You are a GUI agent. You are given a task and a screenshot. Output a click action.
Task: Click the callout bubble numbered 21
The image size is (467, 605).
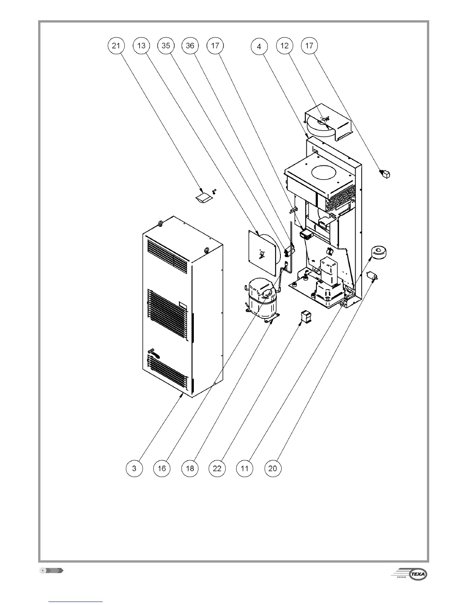tap(116, 46)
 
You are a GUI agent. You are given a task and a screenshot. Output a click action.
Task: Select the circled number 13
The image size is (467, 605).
tap(141, 46)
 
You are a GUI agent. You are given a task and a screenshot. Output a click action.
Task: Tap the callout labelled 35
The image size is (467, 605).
tap(166, 46)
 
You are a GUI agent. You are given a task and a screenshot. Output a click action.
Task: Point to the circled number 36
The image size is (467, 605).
tap(190, 46)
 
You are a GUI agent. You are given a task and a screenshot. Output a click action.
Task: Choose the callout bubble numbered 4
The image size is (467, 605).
tap(259, 47)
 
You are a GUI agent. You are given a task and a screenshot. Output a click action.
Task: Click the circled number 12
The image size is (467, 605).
tap(285, 46)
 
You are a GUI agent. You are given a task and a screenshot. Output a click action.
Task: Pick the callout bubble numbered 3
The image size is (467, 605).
tap(134, 468)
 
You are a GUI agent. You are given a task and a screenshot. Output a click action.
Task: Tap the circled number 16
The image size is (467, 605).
tap(162, 468)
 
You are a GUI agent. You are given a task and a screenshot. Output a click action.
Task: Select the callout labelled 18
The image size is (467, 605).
tap(190, 468)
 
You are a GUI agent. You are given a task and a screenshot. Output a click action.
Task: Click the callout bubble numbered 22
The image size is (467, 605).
tap(217, 468)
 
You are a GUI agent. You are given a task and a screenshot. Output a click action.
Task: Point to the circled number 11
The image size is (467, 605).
tap(245, 468)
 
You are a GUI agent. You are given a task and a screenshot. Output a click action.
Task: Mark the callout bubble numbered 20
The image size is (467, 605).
tap(273, 468)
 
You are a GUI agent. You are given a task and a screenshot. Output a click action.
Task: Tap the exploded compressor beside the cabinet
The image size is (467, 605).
tap(262, 297)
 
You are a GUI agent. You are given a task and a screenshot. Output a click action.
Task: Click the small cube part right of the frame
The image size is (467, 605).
tap(386, 175)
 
